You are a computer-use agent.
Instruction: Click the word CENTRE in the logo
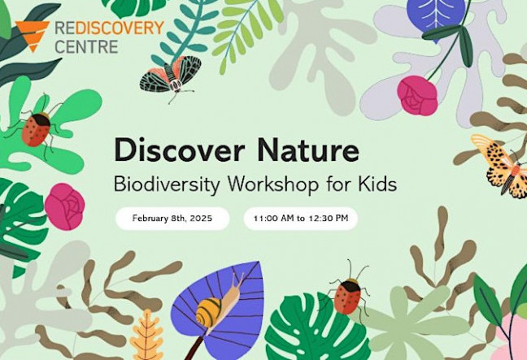coord(86,46)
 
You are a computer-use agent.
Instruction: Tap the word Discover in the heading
coord(178,150)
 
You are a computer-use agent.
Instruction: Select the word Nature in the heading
coord(308,150)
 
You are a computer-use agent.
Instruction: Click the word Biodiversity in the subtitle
coord(167,184)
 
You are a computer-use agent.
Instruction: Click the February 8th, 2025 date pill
coord(172,219)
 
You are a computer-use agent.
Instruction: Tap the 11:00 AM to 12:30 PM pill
coord(300,219)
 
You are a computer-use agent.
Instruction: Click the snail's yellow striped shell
coord(209,312)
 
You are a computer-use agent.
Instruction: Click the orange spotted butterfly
coord(502,165)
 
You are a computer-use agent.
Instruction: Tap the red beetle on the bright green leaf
coord(36,128)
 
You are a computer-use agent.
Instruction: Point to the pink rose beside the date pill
coord(64,206)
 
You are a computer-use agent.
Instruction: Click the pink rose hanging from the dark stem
coord(417,96)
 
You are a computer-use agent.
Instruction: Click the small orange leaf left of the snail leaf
coord(147,336)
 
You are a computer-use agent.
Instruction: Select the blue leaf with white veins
coord(436,16)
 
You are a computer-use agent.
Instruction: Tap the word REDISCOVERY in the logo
coord(110,28)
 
